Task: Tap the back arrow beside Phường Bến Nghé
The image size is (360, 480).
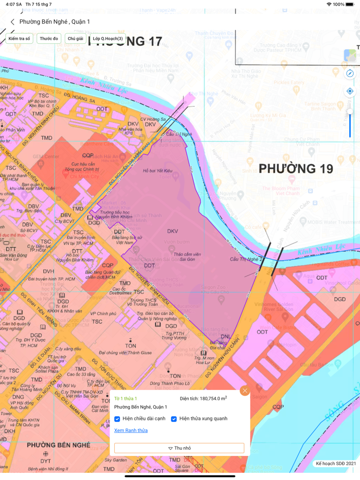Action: (12, 22)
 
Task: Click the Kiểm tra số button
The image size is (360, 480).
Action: (20, 39)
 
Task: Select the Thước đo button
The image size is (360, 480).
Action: (49, 39)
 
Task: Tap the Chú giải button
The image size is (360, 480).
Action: (75, 39)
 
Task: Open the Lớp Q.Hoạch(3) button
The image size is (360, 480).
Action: (107, 39)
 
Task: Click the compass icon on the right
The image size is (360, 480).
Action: (350, 73)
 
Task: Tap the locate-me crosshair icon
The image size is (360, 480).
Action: (350, 91)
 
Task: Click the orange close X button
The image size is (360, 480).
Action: (245, 391)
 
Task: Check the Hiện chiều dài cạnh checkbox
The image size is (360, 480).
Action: (117, 419)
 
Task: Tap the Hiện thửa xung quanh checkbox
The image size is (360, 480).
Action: (174, 419)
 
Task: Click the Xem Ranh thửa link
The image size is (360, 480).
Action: (131, 431)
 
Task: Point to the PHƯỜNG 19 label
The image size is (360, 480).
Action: (296, 169)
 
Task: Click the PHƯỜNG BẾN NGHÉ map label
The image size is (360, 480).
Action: (59, 445)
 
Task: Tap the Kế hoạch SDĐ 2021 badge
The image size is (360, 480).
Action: (335, 464)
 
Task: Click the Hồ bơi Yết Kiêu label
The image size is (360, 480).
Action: (158, 171)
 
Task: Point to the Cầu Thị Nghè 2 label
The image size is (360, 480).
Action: (246, 259)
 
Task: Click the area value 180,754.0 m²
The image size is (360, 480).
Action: (204, 398)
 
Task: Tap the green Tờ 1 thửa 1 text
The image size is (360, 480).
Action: (125, 398)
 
